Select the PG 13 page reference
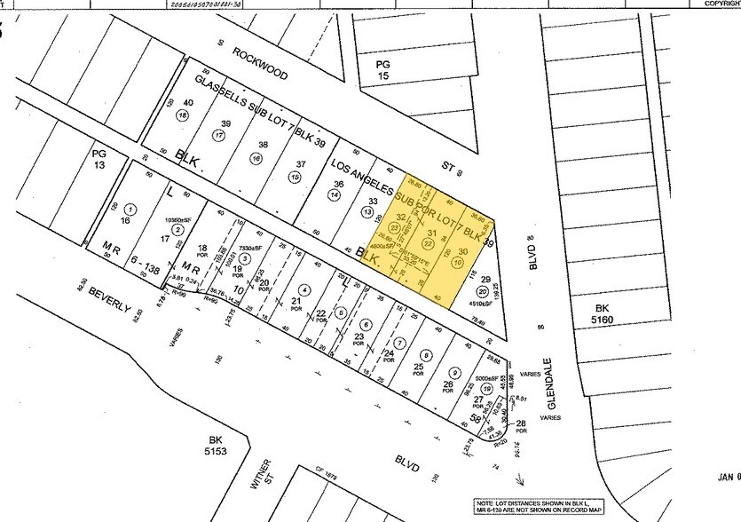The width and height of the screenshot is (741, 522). pyautogui.click(x=99, y=160)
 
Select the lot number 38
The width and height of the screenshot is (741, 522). pyautogui.click(x=263, y=145)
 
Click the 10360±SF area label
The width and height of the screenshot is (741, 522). pyautogui.click(x=179, y=218)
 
